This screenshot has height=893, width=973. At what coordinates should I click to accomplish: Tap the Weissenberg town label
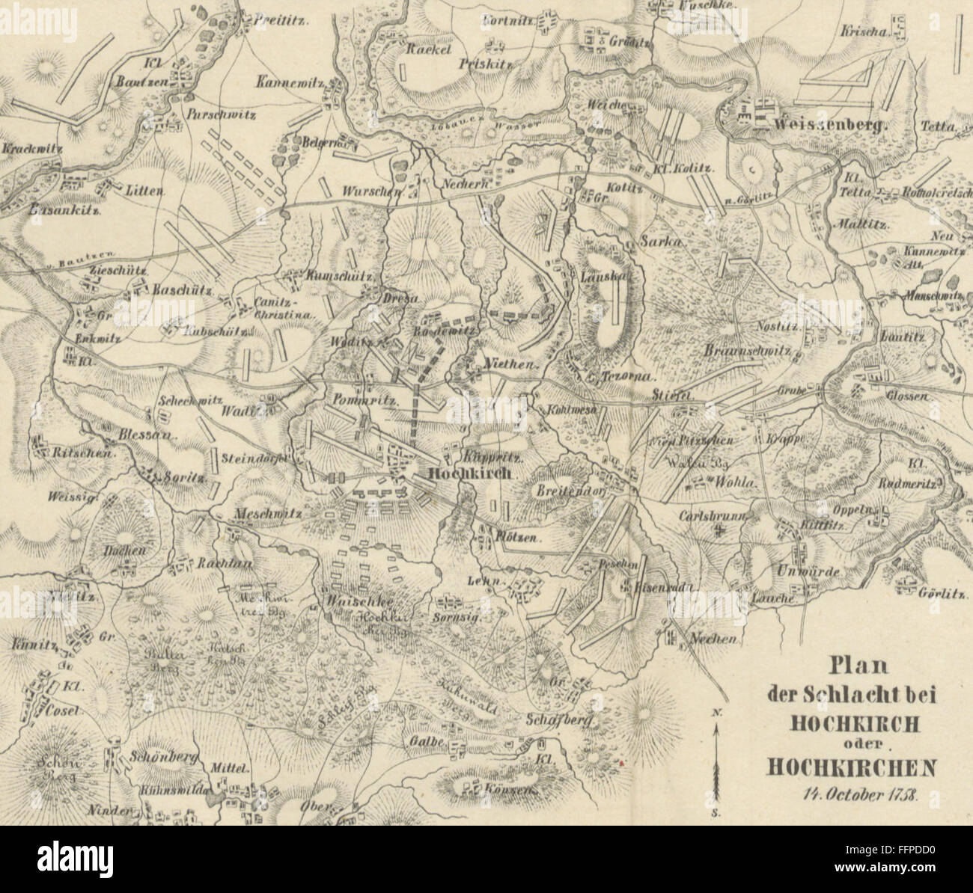click(831, 123)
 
